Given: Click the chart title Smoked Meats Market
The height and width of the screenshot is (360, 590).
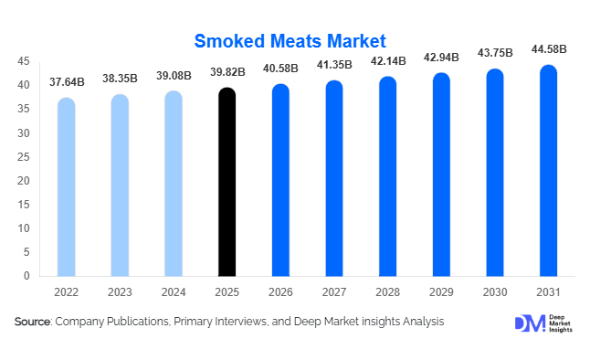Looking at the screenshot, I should point(290,41).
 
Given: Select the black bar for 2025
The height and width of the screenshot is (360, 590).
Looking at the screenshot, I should point(227,183).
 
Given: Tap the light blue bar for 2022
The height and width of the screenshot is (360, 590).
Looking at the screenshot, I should point(67,187).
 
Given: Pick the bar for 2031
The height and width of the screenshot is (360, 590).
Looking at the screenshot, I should point(549,171).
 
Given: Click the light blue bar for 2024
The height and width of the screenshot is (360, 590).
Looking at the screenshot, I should point(174,184).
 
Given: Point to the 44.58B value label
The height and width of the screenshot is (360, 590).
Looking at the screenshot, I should point(549,48).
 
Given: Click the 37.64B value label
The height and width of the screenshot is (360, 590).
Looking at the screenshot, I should point(67,82).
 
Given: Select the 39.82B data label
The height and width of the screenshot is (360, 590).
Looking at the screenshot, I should point(227,72).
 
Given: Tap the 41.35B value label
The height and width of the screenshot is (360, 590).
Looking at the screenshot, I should point(335,66).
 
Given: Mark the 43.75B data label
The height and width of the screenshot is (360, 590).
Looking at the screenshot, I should point(495,53).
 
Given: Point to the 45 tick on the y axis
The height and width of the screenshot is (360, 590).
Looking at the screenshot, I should point(25,61).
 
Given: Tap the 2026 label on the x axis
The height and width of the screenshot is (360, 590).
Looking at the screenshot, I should point(281,292).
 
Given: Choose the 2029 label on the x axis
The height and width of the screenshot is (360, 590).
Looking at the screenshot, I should point(442,292).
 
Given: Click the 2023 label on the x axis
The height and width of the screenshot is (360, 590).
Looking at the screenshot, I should point(121,292).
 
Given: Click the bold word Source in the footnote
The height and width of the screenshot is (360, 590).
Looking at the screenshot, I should point(33,323).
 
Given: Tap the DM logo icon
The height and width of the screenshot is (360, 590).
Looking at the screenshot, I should point(529,323).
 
